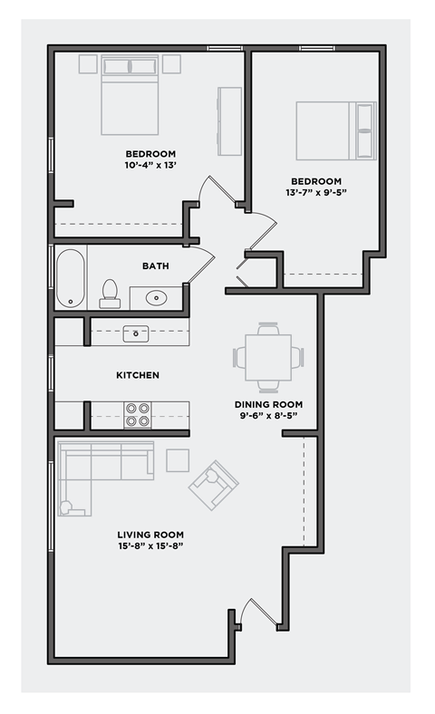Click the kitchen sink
coord(137,333)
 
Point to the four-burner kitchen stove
coord(138,414)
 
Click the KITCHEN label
coord(137,375)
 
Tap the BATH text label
coord(155,266)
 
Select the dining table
coord(268,357)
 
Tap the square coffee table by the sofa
coord(178,461)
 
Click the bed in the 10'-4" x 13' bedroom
coord(130,95)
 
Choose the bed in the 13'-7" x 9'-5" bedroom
coord(335,131)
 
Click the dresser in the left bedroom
coord(229,114)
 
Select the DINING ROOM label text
coord(268,405)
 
